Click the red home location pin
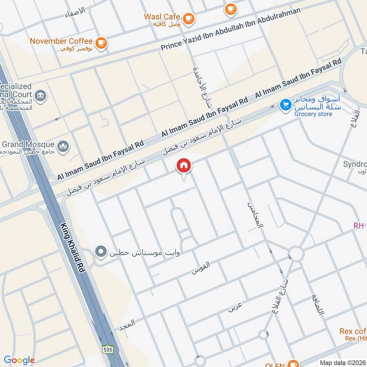tap(184, 166)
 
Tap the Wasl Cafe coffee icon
tap(188, 18)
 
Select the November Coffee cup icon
tap(101, 43)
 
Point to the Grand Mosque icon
tap(63, 146)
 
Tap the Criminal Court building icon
tap(40, 96)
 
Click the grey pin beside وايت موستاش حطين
tap(100, 252)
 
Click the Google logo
tap(19, 360)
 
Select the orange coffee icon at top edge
tap(230, 8)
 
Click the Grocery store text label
tap(313, 114)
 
